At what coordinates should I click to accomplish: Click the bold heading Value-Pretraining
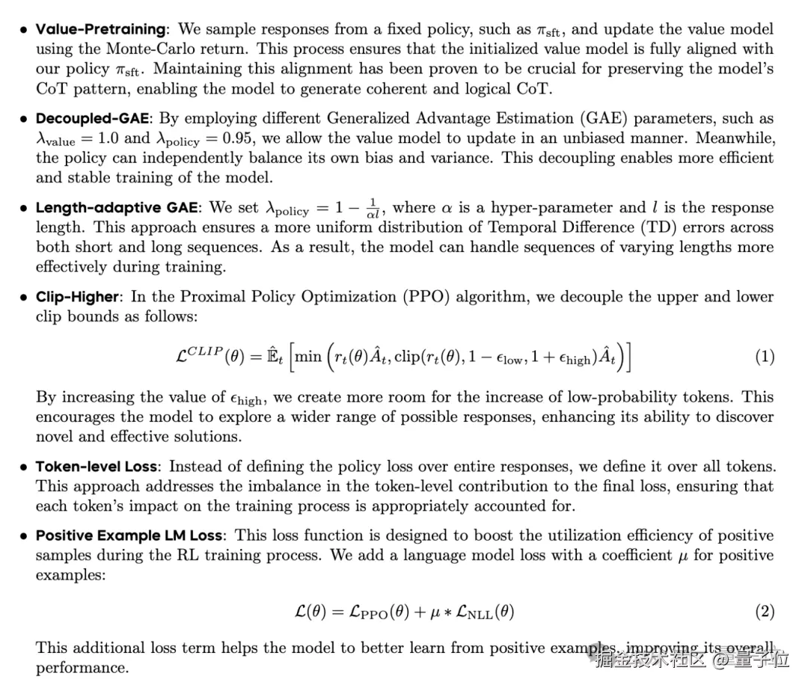(101, 30)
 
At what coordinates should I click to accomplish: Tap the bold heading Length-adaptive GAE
(117, 208)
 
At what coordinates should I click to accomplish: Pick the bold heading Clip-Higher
(77, 297)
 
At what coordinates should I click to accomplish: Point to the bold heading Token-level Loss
(97, 467)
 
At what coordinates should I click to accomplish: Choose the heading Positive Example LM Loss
(129, 535)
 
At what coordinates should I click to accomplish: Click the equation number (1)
(764, 357)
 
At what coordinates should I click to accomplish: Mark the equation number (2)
(764, 612)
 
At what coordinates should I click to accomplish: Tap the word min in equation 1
(307, 357)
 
